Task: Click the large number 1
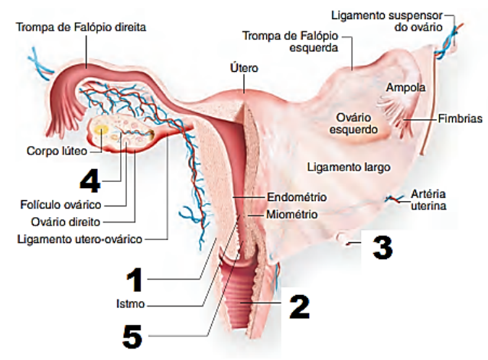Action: [x=135, y=280]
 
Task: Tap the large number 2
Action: [x=299, y=306]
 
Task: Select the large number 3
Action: [x=382, y=246]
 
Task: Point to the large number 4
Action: [x=90, y=180]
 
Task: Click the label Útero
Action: [x=243, y=68]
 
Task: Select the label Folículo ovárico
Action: [x=61, y=204]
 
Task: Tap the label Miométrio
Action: [x=291, y=214]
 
